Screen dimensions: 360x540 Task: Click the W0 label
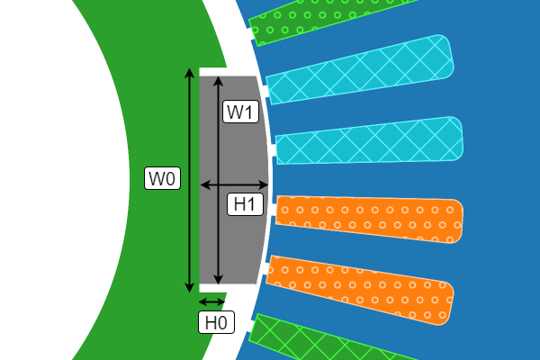point(163,179)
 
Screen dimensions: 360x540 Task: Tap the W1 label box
point(240,112)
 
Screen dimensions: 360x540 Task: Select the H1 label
point(244,204)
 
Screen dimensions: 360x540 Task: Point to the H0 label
point(215,322)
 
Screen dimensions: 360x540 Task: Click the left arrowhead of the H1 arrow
point(202,184)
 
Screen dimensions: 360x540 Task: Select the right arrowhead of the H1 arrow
point(267,184)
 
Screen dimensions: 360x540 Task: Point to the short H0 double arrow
point(211,301)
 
